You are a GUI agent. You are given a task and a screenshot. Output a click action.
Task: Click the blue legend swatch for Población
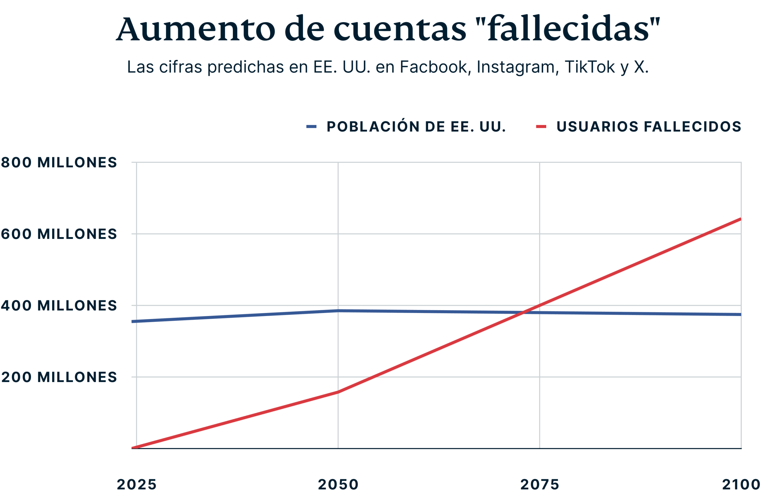click(x=311, y=126)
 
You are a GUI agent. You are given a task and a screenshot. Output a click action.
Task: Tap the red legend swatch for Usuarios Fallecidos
click(x=541, y=126)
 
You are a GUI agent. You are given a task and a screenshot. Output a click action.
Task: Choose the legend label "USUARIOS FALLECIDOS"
click(x=649, y=126)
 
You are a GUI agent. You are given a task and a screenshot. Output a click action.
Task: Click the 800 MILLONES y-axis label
click(x=59, y=162)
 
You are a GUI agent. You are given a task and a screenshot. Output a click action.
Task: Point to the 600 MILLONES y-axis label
click(x=59, y=234)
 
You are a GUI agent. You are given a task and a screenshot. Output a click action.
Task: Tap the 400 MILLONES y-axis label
click(x=59, y=305)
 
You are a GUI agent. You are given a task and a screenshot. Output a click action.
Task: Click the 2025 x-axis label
click(x=137, y=484)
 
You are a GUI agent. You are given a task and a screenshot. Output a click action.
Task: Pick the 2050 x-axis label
click(x=338, y=484)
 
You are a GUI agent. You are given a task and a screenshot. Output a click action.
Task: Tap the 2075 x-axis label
click(x=540, y=484)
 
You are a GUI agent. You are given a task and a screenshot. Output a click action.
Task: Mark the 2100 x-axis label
click(x=741, y=484)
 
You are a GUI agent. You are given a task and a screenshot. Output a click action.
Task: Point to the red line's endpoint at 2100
click(x=741, y=219)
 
